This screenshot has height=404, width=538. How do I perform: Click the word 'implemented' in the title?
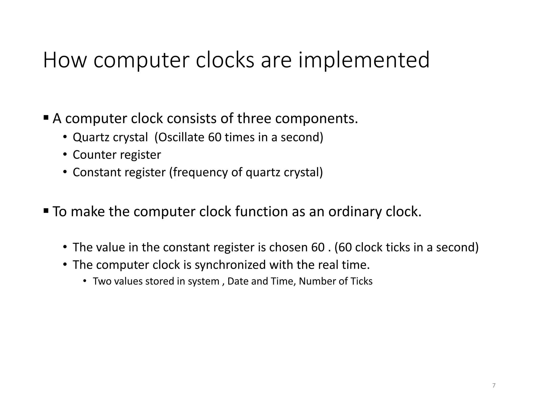coord(364,60)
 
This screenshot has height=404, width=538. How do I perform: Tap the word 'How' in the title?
coord(65,60)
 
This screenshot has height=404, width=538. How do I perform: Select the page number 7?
coord(494,386)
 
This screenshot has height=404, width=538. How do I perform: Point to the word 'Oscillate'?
coord(182,137)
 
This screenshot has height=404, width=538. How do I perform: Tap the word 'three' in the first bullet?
coord(254,118)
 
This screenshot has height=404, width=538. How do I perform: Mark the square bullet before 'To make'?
coord(46,210)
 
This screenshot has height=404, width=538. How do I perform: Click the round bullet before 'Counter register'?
coord(65,155)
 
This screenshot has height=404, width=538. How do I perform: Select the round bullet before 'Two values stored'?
coord(85,281)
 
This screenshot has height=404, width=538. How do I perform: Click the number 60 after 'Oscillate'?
coord(215,137)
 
